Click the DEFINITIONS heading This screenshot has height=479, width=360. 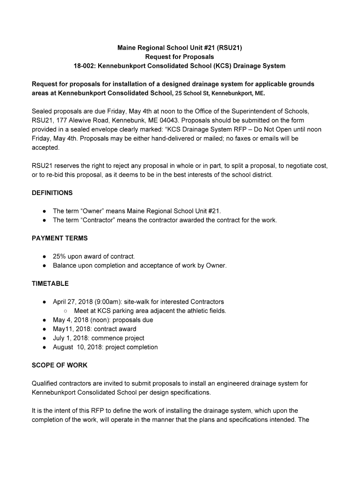tap(52, 193)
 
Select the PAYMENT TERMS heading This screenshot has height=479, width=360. tap(59, 238)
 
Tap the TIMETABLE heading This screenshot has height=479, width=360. tap(50, 283)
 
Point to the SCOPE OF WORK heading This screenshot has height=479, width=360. tap(59, 365)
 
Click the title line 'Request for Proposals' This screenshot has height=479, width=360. tap(180, 57)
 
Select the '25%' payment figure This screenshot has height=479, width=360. tap(59, 256)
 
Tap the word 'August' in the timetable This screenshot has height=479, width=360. tap(63, 347)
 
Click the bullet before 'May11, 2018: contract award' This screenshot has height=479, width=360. tap(44, 329)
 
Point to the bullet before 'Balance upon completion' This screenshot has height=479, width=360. tap(44, 266)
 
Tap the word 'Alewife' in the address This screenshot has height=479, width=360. tap(73, 120)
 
